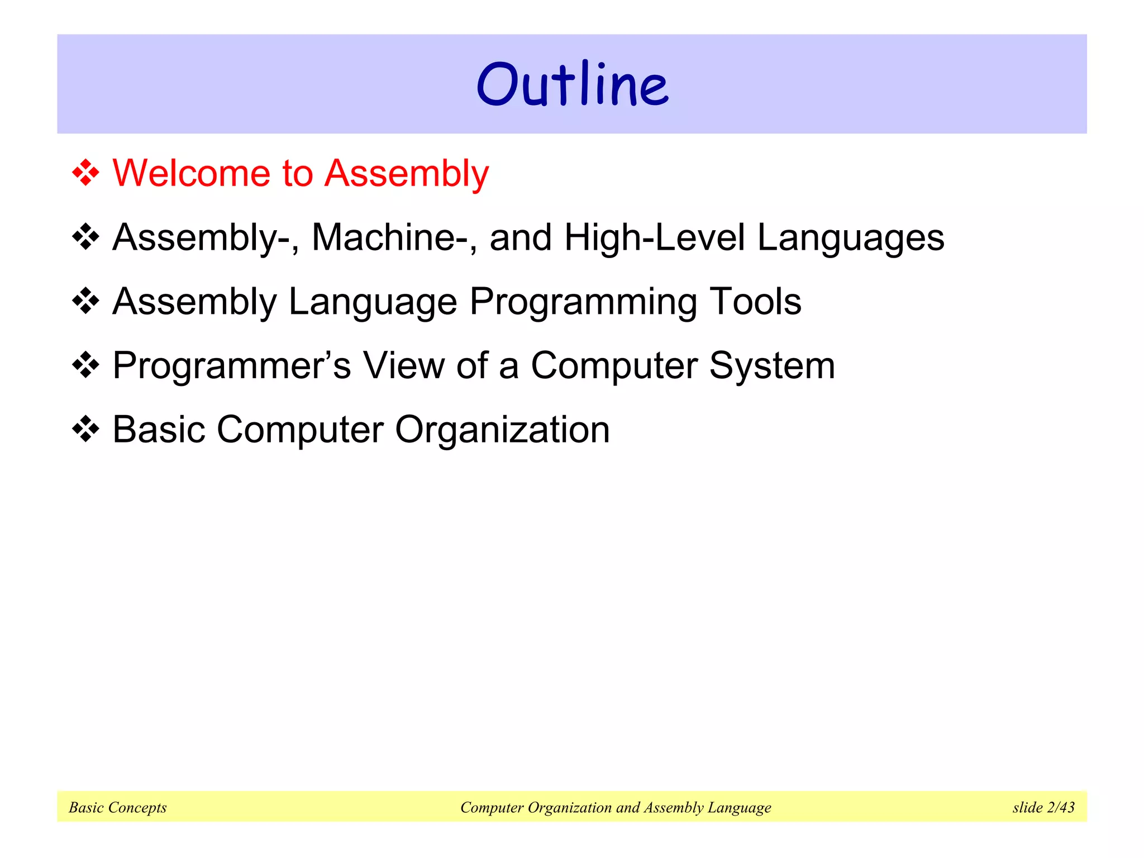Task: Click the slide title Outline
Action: tap(572, 85)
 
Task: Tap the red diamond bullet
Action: tap(85, 173)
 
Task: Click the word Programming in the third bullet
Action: tap(583, 303)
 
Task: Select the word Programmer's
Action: tap(231, 366)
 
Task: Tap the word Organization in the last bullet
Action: tap(502, 431)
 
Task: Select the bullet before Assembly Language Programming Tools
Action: tap(85, 301)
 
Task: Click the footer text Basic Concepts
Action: tap(118, 807)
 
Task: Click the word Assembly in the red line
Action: tap(407, 174)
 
